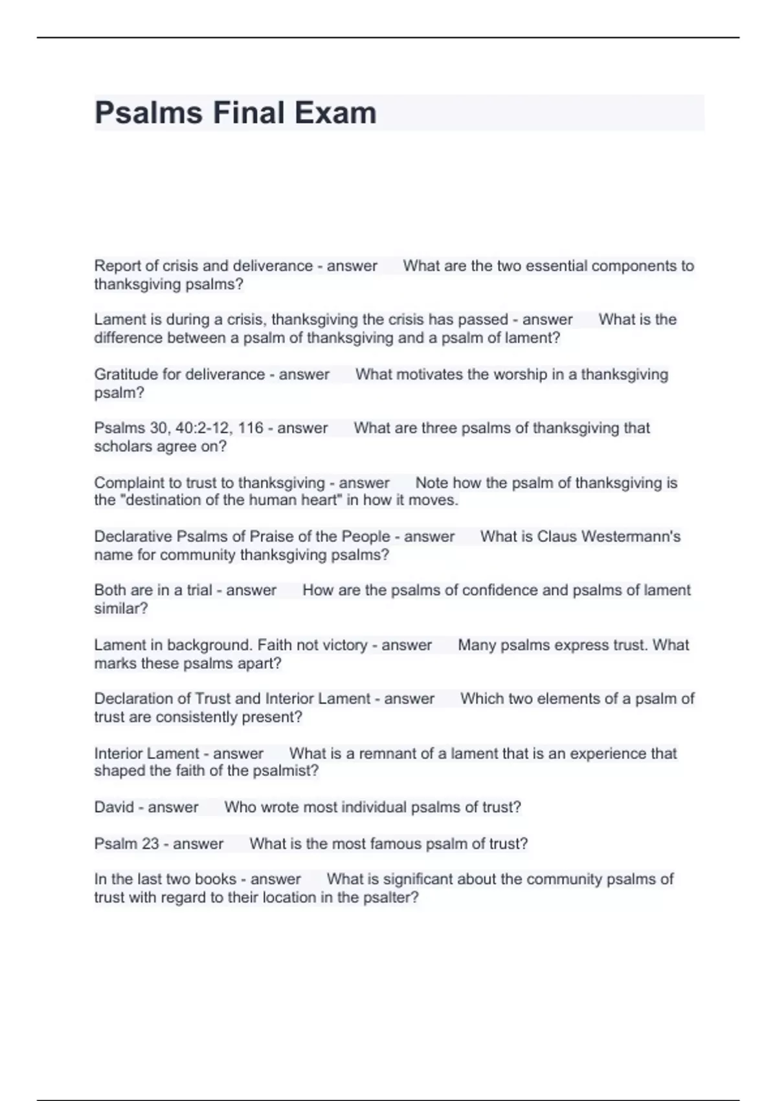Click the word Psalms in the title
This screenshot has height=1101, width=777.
(x=148, y=113)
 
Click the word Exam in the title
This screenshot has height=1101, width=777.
(x=335, y=113)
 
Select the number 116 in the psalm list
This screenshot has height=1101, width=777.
(x=251, y=428)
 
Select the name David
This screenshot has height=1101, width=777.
(x=114, y=808)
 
